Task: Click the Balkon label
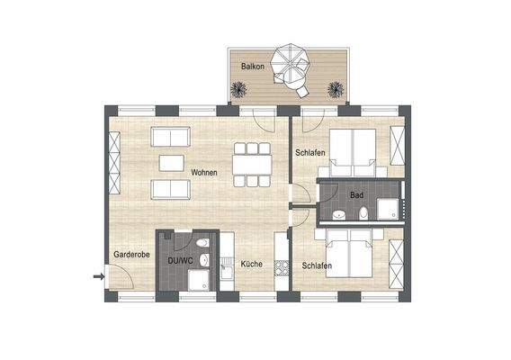point(253,67)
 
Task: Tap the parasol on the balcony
point(295,67)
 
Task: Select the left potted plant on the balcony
point(240,88)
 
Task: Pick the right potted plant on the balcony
point(336,89)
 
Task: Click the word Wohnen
point(204,171)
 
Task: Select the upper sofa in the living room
point(171,138)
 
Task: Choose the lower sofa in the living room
point(171,189)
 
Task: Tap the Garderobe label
point(130,256)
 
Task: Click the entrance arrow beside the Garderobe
point(98,276)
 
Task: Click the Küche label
point(251,265)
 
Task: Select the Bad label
point(356,195)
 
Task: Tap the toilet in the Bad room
point(363,213)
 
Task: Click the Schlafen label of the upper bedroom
point(309,153)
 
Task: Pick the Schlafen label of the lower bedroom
point(318,265)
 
